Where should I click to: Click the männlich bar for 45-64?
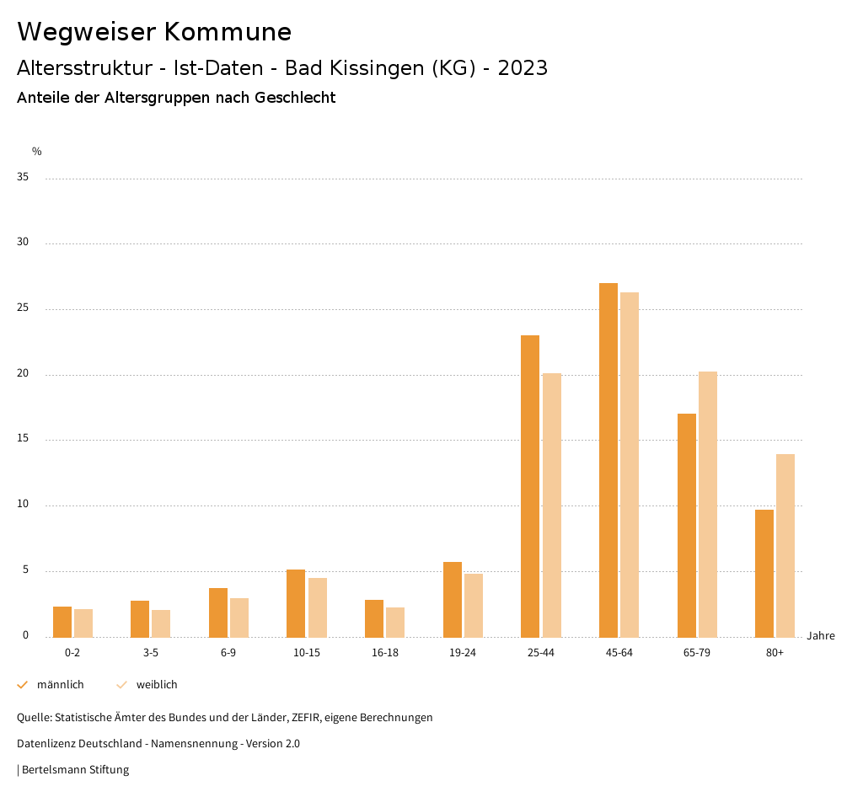point(608,460)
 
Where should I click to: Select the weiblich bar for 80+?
point(785,545)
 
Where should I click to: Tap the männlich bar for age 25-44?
point(530,486)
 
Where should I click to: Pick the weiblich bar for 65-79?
point(708,504)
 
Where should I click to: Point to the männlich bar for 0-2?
point(62,622)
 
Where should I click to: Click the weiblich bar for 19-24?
point(474,605)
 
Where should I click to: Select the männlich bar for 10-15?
point(296,603)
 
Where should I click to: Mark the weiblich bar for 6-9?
point(239,618)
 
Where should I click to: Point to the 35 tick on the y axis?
point(23,178)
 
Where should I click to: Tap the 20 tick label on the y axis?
point(23,374)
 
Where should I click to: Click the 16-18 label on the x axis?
point(385,653)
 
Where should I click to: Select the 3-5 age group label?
point(151,653)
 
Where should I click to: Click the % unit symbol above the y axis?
point(37,152)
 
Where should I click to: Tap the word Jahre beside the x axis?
point(821,636)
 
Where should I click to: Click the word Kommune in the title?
point(228,32)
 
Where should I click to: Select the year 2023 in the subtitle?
point(523,68)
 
